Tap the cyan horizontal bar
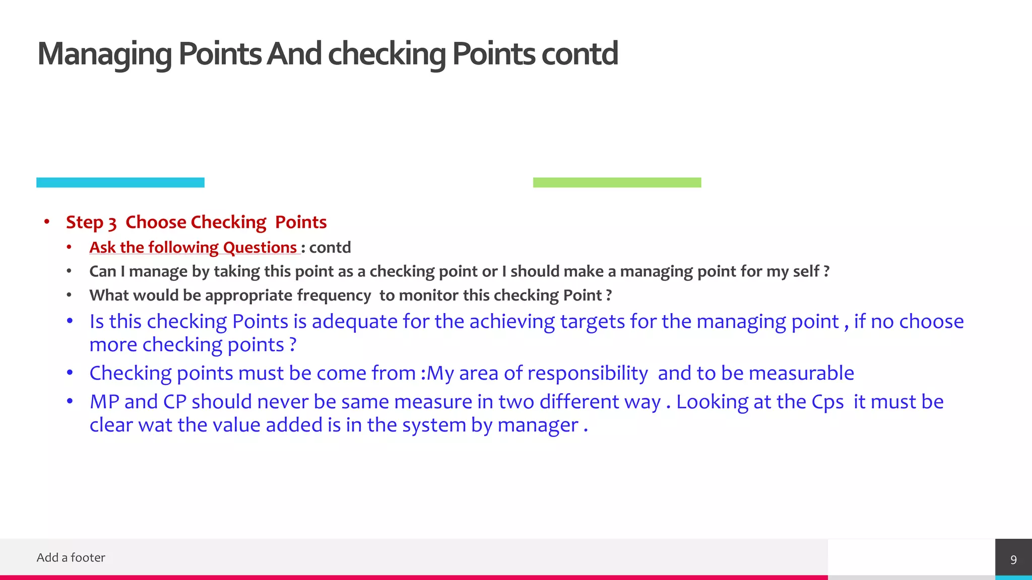(120, 182)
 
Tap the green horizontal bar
(617, 182)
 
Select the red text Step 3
(91, 223)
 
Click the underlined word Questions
(260, 248)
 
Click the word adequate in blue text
(355, 322)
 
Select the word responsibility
(588, 374)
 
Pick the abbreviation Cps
(827, 402)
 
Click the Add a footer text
(71, 558)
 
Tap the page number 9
(1013, 560)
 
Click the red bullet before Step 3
(47, 222)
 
